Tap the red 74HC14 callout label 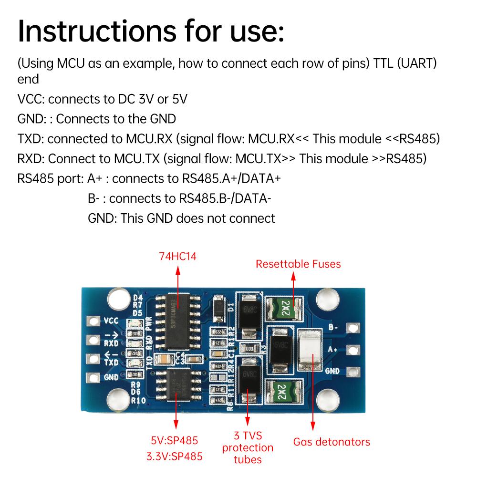pyautogui.click(x=177, y=257)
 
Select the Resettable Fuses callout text pyautogui.click(x=298, y=264)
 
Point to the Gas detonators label pyautogui.click(x=332, y=442)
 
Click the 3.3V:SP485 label pyautogui.click(x=175, y=456)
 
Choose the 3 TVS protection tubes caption pyautogui.click(x=248, y=447)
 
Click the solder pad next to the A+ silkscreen pyautogui.click(x=353, y=350)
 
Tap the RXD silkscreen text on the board pyautogui.click(x=111, y=342)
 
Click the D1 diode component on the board pyautogui.click(x=219, y=307)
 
